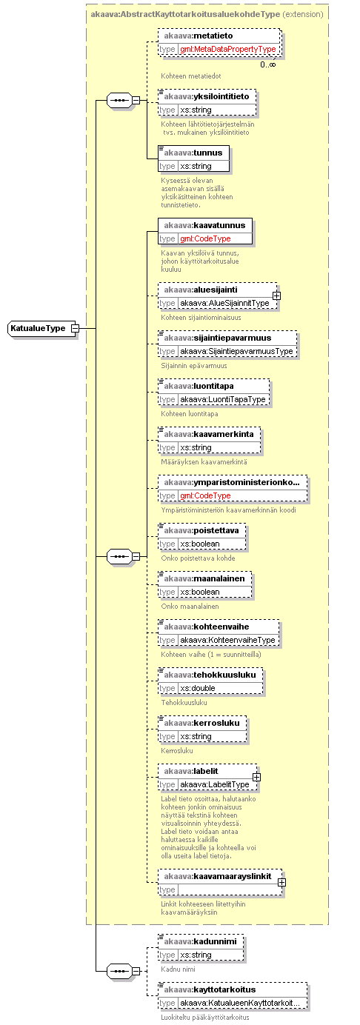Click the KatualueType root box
(41, 329)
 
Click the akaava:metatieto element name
(198, 36)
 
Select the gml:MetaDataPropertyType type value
(228, 49)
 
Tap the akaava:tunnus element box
(193, 159)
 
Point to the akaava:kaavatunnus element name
(204, 225)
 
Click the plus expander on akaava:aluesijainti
(276, 296)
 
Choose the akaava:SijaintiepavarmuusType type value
(236, 352)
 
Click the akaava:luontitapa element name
(199, 386)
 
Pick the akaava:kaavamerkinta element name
(209, 434)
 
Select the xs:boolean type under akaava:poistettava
(200, 544)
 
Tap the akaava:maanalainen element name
(204, 579)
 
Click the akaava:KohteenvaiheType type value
(228, 640)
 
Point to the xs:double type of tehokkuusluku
(198, 688)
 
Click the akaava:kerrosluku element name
(201, 723)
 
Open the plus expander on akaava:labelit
(256, 778)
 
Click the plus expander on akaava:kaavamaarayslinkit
(281, 883)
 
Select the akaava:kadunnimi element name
(200, 942)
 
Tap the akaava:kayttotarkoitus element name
(210, 989)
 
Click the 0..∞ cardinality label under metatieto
(268, 64)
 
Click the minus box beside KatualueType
(75, 329)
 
